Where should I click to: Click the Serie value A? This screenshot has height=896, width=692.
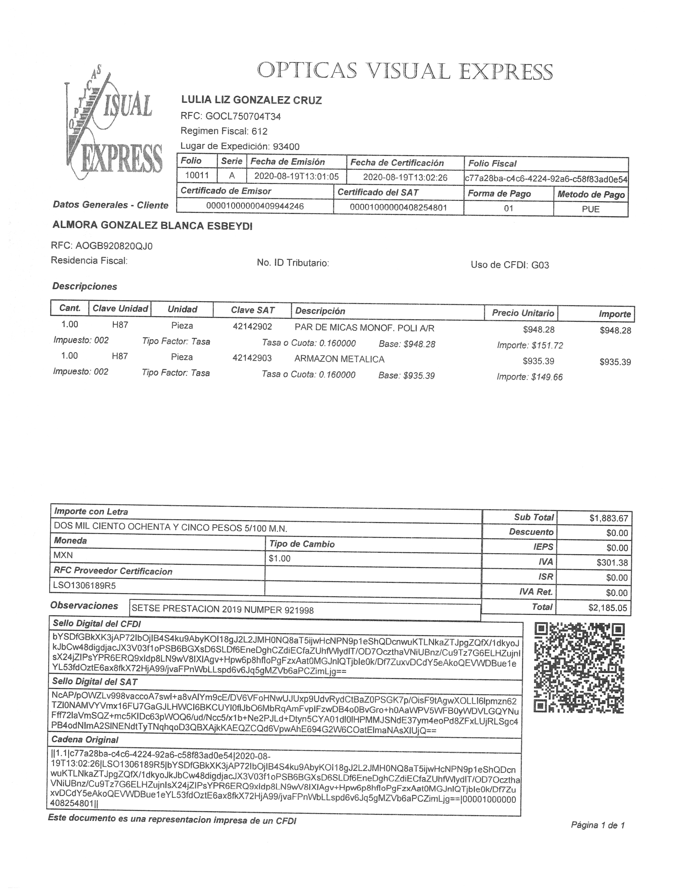tap(232, 176)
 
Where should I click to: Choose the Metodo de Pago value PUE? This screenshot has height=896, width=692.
tap(591, 209)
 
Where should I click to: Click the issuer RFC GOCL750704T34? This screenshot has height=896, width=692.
tap(243, 116)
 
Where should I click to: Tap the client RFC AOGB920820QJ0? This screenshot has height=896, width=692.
tap(114, 246)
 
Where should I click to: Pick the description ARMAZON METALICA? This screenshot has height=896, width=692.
tap(339, 359)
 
